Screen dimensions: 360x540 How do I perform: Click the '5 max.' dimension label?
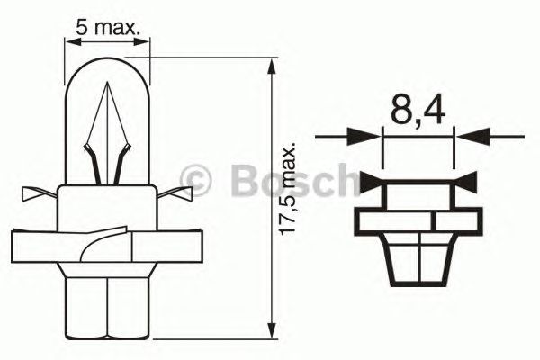[108, 28]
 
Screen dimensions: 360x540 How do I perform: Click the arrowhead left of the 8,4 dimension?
[369, 138]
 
